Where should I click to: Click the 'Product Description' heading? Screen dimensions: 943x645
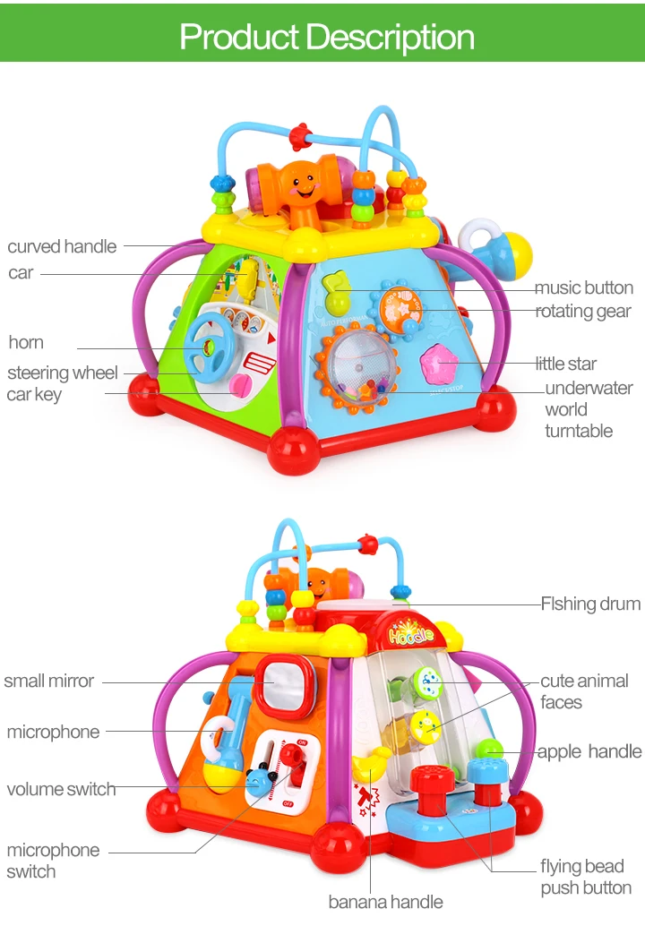pyautogui.click(x=327, y=37)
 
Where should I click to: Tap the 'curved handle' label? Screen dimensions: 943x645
pyautogui.click(x=62, y=246)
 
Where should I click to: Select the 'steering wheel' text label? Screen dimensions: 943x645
pyautogui.click(x=63, y=373)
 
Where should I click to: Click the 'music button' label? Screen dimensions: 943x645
pyautogui.click(x=583, y=287)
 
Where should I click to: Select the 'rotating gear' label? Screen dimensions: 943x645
pyautogui.click(x=583, y=311)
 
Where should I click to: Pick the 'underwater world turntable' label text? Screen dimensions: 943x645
pyautogui.click(x=588, y=409)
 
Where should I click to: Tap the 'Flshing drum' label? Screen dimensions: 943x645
pyautogui.click(x=590, y=604)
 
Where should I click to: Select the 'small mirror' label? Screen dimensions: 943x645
pyautogui.click(x=48, y=681)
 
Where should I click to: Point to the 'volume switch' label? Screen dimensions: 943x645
pyautogui.click(x=61, y=789)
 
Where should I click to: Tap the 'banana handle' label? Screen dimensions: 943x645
pyautogui.click(x=385, y=901)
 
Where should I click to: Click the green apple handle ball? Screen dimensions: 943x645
pyautogui.click(x=490, y=750)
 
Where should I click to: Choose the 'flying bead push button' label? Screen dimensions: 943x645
pyautogui.click(x=585, y=877)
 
